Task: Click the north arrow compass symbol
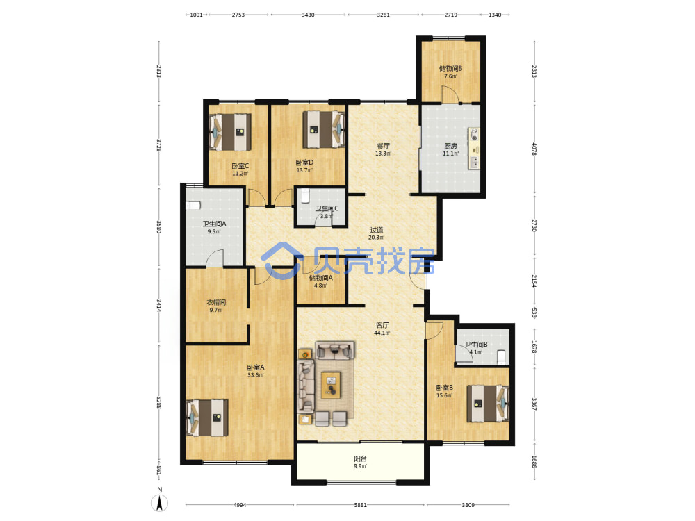[x=160, y=502]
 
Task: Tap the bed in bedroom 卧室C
[x=230, y=132]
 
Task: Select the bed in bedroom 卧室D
[x=324, y=129]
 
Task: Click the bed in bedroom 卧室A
[x=207, y=417]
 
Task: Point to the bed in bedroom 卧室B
[x=488, y=403]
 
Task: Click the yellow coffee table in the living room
[x=331, y=385]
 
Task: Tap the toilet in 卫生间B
[x=501, y=357]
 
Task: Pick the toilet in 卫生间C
[x=305, y=195]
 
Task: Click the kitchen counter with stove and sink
[x=474, y=149]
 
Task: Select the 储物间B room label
[x=451, y=69]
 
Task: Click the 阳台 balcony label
[x=360, y=459]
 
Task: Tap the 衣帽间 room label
[x=216, y=303]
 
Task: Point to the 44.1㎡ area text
[x=382, y=333]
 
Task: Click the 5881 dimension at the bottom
[x=360, y=504]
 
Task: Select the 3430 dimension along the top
[x=308, y=15]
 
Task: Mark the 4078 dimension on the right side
[x=534, y=149]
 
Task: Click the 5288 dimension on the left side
[x=158, y=402]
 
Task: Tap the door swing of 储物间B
[x=448, y=94]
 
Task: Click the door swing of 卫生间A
[x=215, y=258]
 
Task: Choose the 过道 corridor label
[x=376, y=230]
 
